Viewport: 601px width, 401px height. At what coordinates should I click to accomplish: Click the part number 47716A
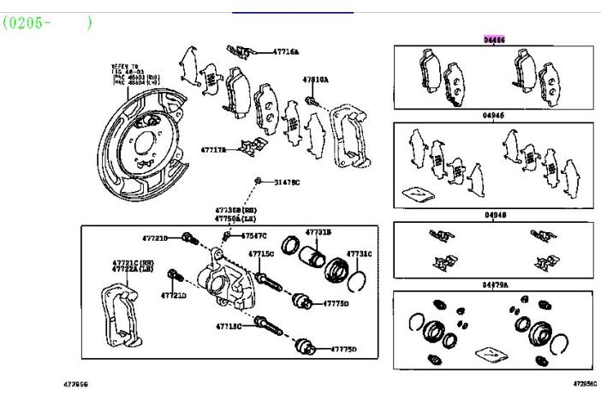pos(286,52)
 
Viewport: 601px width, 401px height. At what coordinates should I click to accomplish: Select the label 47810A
pos(314,80)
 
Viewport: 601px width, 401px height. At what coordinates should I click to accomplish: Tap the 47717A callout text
pos(213,150)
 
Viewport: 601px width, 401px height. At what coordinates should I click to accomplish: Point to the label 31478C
pos(287,183)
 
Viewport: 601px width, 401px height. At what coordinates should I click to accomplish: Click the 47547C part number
pos(253,236)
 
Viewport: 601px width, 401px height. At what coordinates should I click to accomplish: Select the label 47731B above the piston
pos(318,232)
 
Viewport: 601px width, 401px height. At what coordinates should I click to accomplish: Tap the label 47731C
pos(359,254)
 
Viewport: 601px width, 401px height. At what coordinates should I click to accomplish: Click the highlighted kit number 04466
pos(494,39)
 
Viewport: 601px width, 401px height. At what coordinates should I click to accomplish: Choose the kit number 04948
pos(494,215)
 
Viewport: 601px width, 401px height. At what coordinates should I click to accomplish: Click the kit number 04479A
pos(494,284)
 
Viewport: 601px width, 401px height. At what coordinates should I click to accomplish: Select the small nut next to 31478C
pos(258,183)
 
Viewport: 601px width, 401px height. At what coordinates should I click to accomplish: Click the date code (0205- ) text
pos(47,22)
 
